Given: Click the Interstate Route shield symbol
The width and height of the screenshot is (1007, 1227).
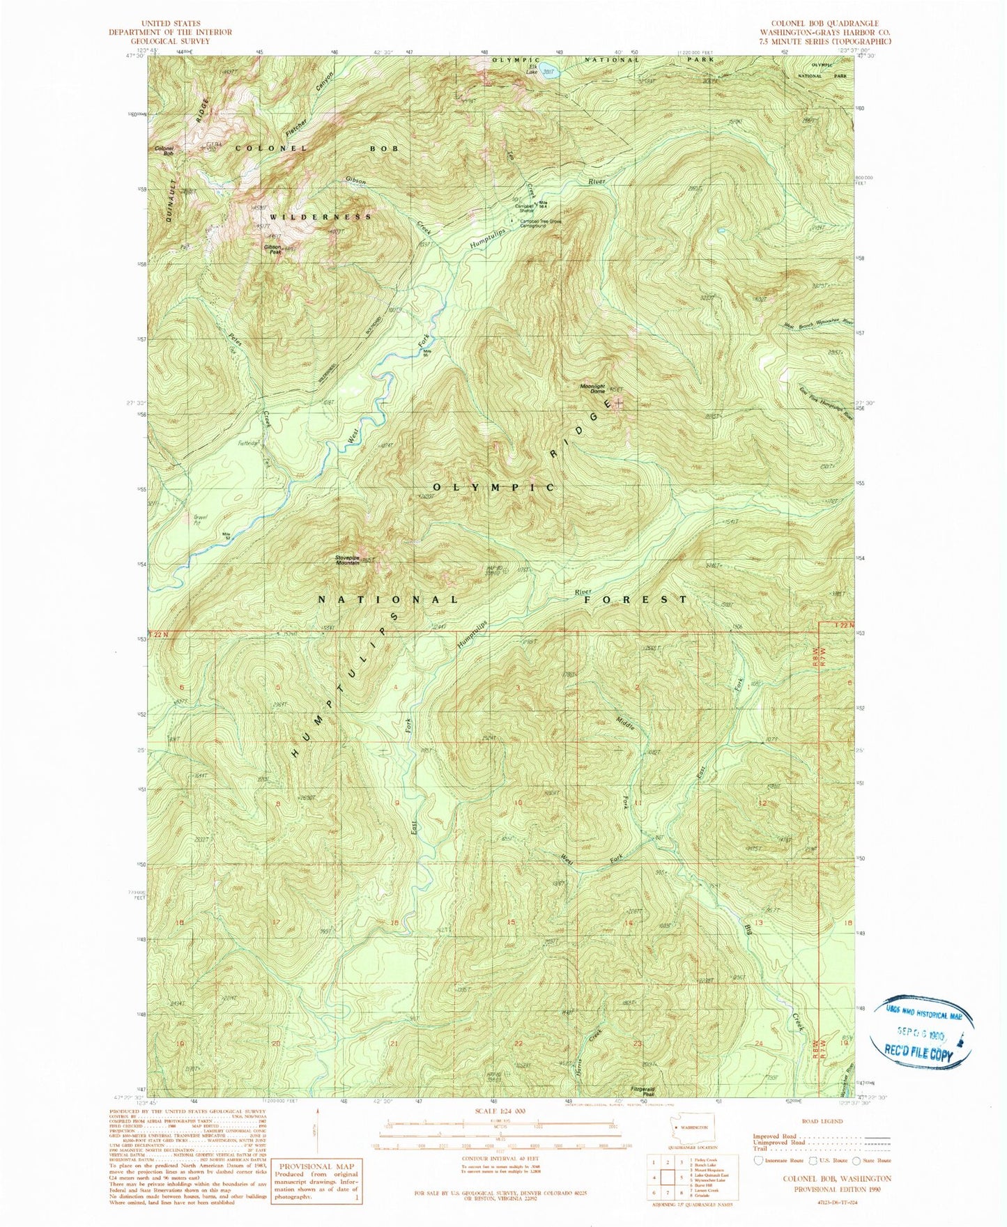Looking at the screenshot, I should pyautogui.click(x=757, y=1161).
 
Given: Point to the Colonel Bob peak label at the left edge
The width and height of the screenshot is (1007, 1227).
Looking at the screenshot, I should pyautogui.click(x=164, y=149).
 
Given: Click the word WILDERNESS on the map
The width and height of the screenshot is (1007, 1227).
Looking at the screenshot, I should pyautogui.click(x=321, y=217).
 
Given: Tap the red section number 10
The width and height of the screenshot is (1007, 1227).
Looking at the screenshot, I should pyautogui.click(x=518, y=803).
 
